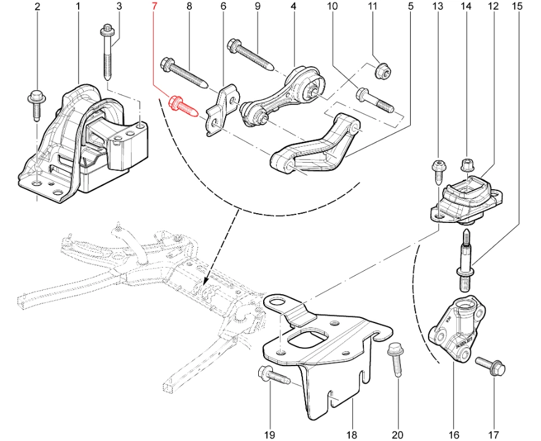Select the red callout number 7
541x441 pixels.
(x=154, y=7)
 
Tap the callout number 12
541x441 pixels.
(x=493, y=7)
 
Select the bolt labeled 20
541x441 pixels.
(x=396, y=362)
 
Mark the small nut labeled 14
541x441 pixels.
(x=466, y=165)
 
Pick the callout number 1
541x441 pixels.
(x=78, y=7)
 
